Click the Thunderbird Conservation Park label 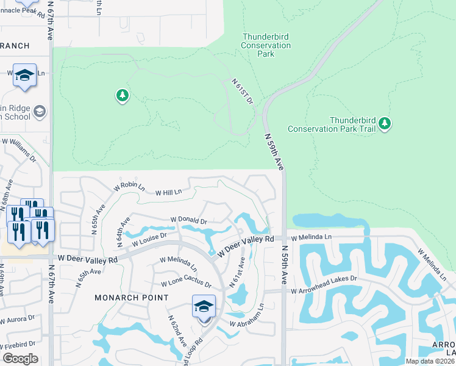click(x=266, y=46)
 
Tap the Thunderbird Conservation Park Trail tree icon click(x=384, y=124)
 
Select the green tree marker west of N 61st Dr click(x=123, y=96)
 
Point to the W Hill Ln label click(x=169, y=192)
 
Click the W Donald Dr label click(x=189, y=220)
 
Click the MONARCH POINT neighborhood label click(x=131, y=298)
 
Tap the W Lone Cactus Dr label click(x=186, y=284)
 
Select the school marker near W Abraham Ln click(x=204, y=306)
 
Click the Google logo click(x=20, y=359)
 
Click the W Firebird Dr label click(x=18, y=344)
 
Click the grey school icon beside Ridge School click(x=40, y=111)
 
